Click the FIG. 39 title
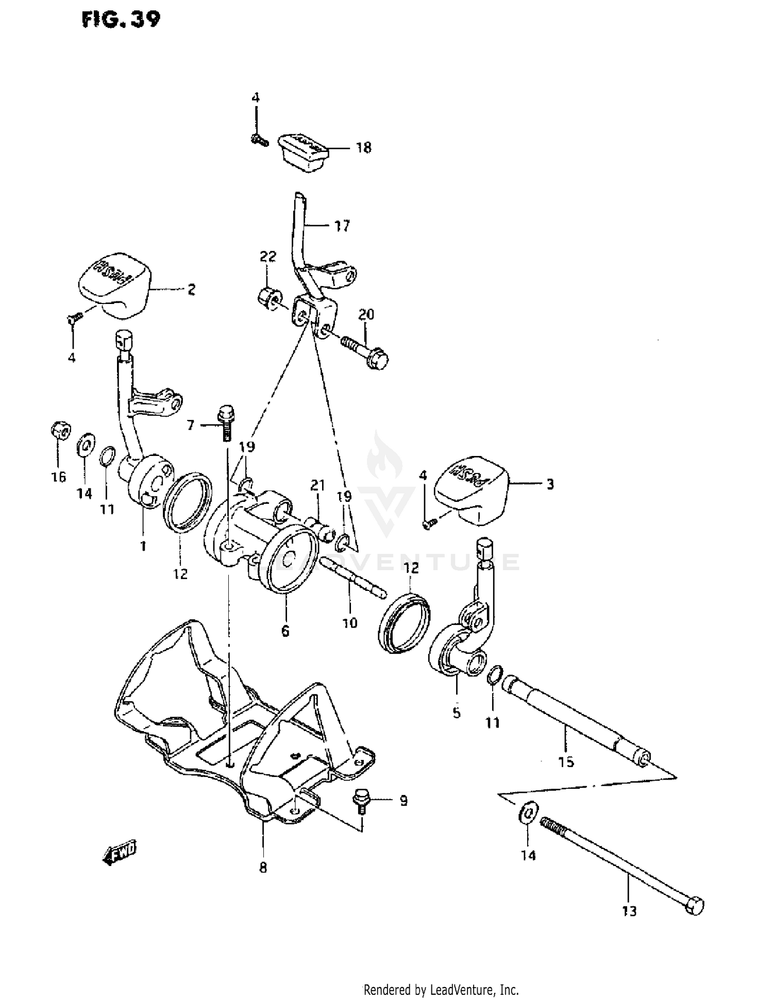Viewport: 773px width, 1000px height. pos(121,20)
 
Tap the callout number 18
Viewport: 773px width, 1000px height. pos(363,148)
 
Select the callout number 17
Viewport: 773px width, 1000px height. pos(342,226)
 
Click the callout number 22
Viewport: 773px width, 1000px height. pos(268,256)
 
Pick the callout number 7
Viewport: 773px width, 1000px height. pos(191,425)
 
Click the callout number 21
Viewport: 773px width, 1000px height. pos(317,485)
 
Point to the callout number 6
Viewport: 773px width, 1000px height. pos(285,631)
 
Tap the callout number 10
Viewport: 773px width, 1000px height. pos(349,623)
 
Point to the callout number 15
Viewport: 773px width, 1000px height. pos(566,761)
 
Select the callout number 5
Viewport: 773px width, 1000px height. pos(457,714)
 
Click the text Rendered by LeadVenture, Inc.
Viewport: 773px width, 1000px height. pos(441,990)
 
